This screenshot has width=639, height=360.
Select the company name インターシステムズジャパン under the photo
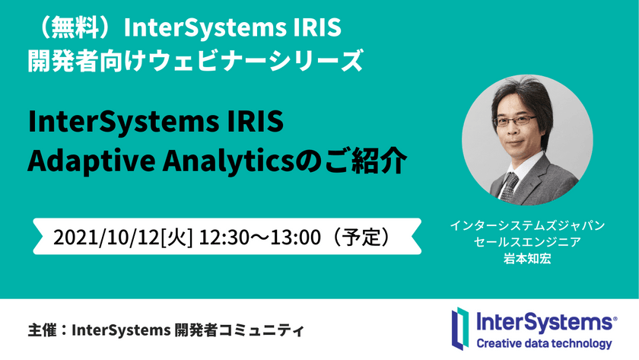[527, 227]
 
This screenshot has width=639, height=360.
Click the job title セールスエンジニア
[527, 243]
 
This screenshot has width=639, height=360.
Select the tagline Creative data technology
[545, 343]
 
